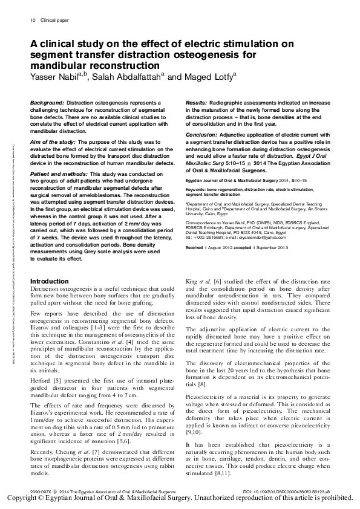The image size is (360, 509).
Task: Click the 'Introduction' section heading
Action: tap(50, 282)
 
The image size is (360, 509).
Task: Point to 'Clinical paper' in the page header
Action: tap(53, 20)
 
